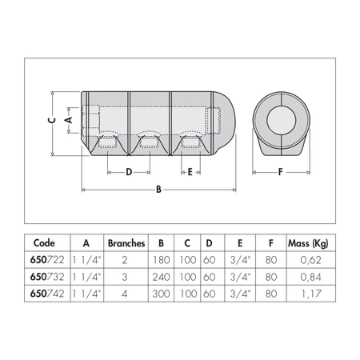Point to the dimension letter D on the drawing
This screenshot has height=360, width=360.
pyautogui.click(x=128, y=171)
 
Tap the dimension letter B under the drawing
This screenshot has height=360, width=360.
pyautogui.click(x=158, y=190)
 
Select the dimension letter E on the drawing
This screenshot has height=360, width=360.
pyautogui.click(x=189, y=171)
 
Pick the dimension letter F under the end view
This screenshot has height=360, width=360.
pyautogui.click(x=280, y=171)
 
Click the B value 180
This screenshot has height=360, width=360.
pyautogui.click(x=162, y=259)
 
